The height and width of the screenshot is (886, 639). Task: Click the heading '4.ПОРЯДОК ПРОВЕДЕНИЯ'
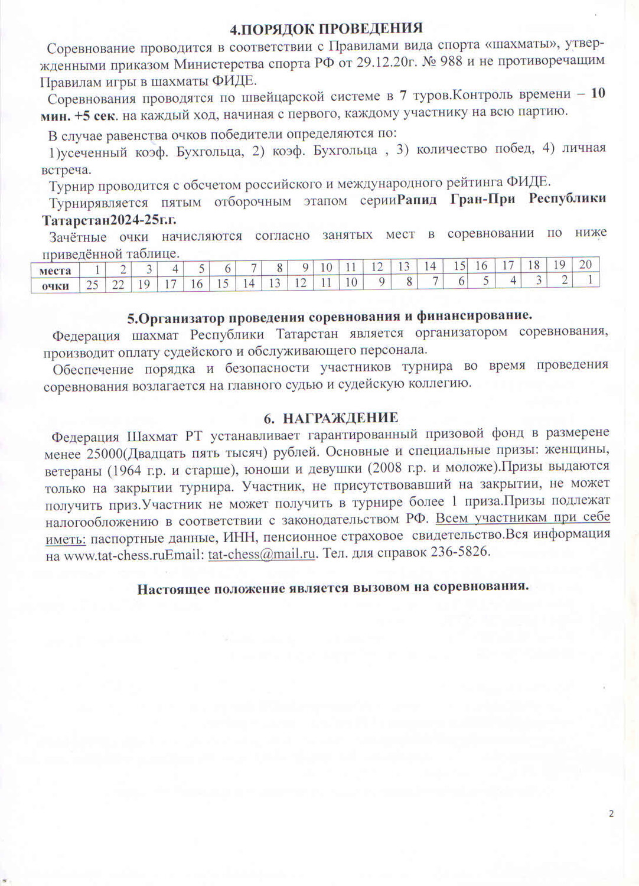click(326, 28)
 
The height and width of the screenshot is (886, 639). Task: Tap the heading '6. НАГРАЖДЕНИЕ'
click(331, 418)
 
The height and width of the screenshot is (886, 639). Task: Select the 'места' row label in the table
click(56, 271)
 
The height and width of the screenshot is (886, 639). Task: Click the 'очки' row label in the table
click(56, 286)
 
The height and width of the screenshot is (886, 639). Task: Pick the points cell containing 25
click(92, 285)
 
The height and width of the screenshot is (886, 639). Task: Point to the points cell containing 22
click(118, 285)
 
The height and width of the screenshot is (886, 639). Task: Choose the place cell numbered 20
click(585, 265)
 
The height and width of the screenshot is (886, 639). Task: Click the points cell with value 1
click(589, 279)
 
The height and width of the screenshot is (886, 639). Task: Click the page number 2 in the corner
click(611, 813)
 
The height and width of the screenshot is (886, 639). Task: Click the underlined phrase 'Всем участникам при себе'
click(523, 518)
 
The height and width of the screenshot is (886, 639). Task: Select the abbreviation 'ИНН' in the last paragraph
click(239, 537)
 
